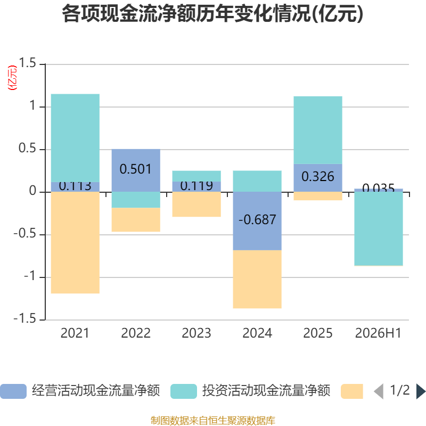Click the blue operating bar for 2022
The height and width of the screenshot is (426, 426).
pos(136,170)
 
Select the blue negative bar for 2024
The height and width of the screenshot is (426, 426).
pos(257,221)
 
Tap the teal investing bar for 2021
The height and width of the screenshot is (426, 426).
pos(75,138)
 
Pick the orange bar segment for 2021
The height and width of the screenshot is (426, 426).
pos(75,243)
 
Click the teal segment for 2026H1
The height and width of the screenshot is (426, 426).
pos(379,229)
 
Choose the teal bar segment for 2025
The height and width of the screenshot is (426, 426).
pos(318,130)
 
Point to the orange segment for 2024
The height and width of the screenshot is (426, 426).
pos(257,279)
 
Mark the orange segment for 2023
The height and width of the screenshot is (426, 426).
pos(196,204)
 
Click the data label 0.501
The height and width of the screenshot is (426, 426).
pos(136,169)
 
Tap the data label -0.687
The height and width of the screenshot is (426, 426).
pos(257,219)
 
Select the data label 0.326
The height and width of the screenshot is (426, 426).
pos(318,177)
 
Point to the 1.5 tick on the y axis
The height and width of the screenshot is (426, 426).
pos(27,63)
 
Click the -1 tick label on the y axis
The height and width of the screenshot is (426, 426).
pos(30,276)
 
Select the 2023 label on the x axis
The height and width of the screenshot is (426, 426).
pos(196,333)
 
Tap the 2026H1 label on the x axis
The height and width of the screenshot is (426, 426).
pos(378,333)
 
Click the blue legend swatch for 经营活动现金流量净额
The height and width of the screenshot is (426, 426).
pos(13,391)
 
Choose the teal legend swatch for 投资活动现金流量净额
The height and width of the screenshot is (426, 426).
pos(184,391)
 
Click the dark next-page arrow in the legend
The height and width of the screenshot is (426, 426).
pos(421,391)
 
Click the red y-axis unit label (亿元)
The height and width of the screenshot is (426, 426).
pos(12,78)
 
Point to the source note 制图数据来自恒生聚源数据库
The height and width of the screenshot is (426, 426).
pos(213,420)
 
